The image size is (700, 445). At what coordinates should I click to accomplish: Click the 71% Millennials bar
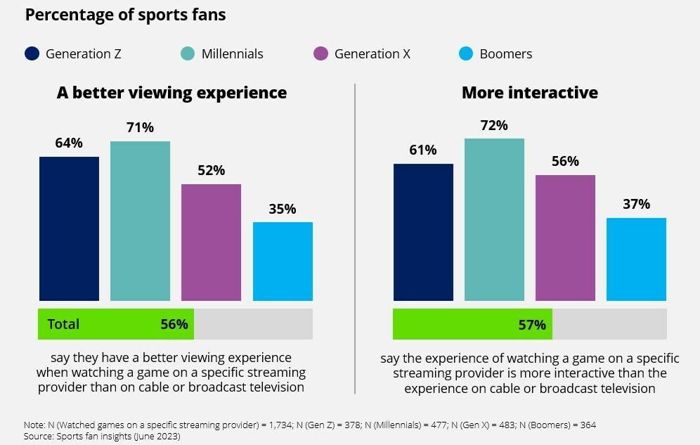[x=140, y=221]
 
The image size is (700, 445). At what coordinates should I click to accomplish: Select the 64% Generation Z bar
[x=69, y=228]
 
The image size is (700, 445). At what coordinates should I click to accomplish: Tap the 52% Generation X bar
[x=211, y=243]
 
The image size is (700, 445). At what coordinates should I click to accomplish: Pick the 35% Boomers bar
[x=283, y=262]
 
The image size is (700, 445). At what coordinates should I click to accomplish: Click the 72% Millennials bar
[x=494, y=219]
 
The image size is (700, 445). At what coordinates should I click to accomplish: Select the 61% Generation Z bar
[x=423, y=232]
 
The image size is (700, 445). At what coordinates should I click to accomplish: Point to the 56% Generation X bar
[x=565, y=238]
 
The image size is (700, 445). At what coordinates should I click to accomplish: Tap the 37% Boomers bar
[x=636, y=259]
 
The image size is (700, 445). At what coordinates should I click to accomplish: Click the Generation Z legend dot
[x=32, y=53]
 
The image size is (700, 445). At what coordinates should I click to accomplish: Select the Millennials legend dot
[x=187, y=53]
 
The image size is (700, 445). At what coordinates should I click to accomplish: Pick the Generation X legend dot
[x=320, y=53]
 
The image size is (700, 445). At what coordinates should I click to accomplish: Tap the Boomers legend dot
[x=465, y=53]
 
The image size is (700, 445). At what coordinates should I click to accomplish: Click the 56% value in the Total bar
[x=174, y=324]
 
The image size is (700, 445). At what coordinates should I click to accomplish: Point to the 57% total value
[x=531, y=325]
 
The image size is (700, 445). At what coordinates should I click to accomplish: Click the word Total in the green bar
[x=63, y=324]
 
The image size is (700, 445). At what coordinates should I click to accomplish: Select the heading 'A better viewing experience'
[x=171, y=93]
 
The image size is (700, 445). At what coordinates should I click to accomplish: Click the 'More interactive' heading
[x=529, y=93]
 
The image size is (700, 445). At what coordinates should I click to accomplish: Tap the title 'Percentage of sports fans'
[x=125, y=15]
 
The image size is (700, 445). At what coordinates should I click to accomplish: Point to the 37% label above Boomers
[x=636, y=205]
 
